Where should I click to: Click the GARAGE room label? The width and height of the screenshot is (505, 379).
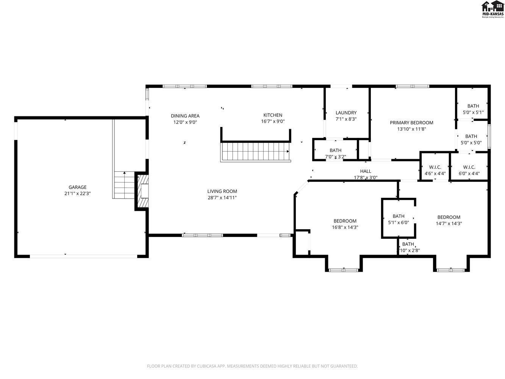(x=77, y=187)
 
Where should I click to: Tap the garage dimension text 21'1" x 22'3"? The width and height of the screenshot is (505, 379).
(x=77, y=193)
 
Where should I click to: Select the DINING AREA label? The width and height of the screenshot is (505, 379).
(x=185, y=116)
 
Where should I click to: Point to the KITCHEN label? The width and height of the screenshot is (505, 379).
(x=273, y=115)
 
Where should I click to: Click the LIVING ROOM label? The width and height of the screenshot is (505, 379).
(x=222, y=191)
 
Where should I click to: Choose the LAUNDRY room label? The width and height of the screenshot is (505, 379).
(x=346, y=113)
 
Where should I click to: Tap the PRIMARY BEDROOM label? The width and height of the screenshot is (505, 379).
(x=411, y=122)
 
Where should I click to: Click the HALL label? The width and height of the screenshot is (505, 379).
(x=366, y=171)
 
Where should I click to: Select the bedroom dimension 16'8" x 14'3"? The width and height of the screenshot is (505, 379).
(x=345, y=227)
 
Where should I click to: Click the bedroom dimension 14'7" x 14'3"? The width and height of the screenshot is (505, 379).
(x=449, y=224)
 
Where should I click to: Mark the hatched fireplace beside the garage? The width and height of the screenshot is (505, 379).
(x=142, y=191)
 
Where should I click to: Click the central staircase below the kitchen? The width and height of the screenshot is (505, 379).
(x=255, y=152)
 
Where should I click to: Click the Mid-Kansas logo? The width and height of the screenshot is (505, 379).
(x=492, y=9)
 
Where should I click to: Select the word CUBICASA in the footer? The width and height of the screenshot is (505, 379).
(x=207, y=366)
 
